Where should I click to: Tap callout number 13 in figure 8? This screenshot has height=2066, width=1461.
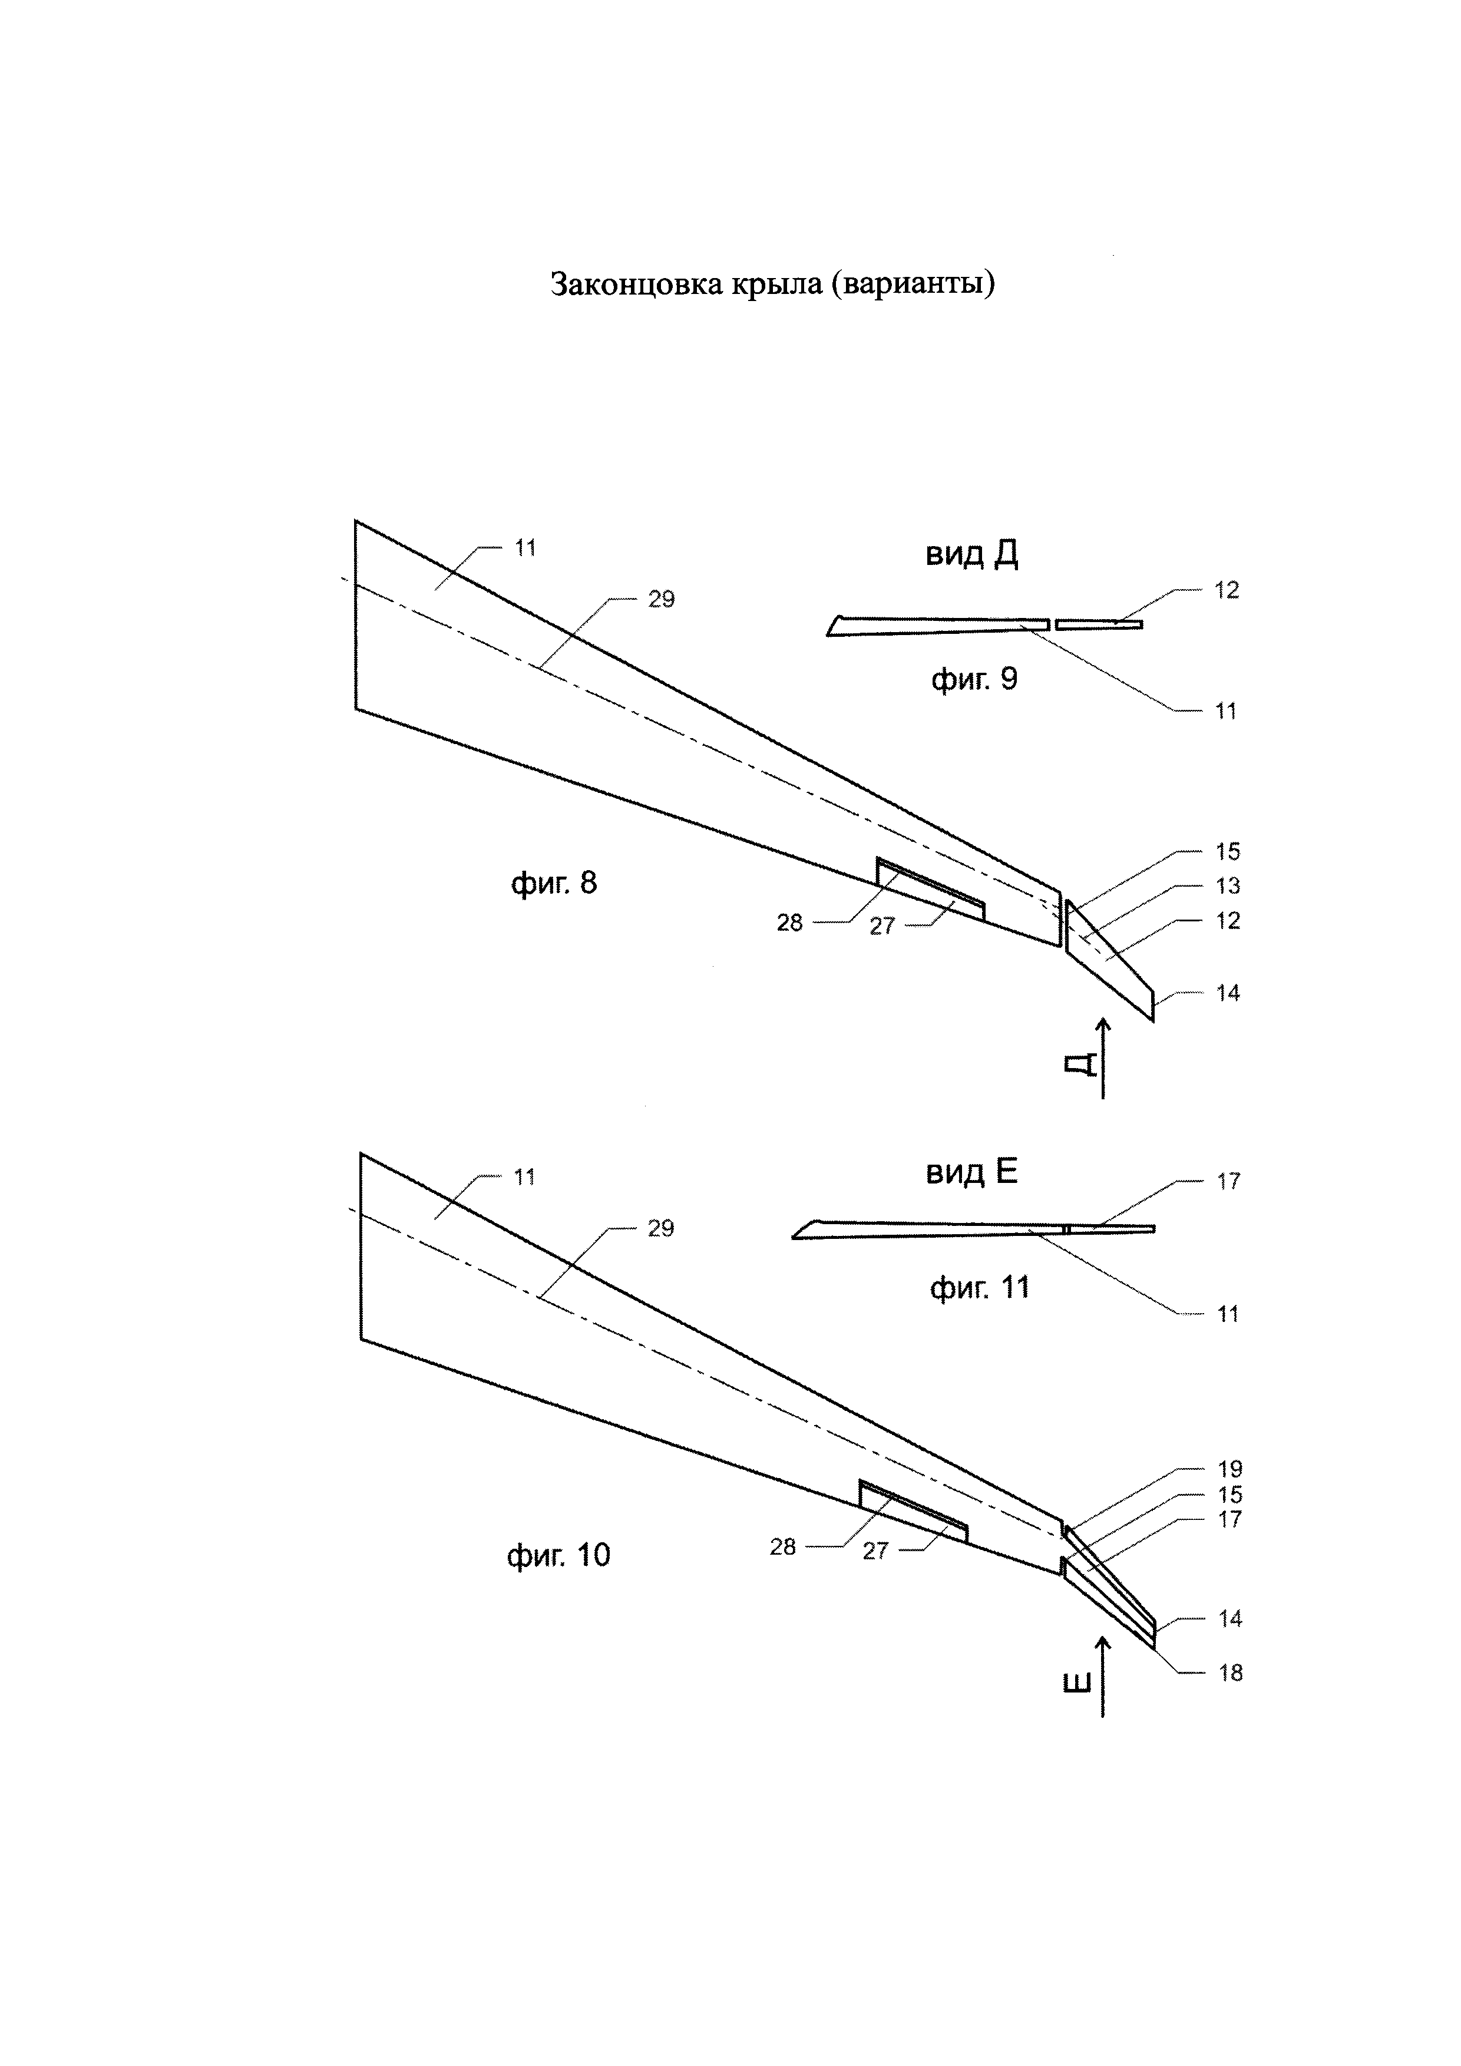click(x=1227, y=887)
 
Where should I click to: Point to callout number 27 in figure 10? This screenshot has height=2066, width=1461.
click(x=875, y=1551)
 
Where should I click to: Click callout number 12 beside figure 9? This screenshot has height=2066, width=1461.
click(x=1226, y=590)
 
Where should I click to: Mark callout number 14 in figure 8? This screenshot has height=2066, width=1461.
click(x=1227, y=993)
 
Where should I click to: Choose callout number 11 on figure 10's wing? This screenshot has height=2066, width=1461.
click(x=524, y=1177)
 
